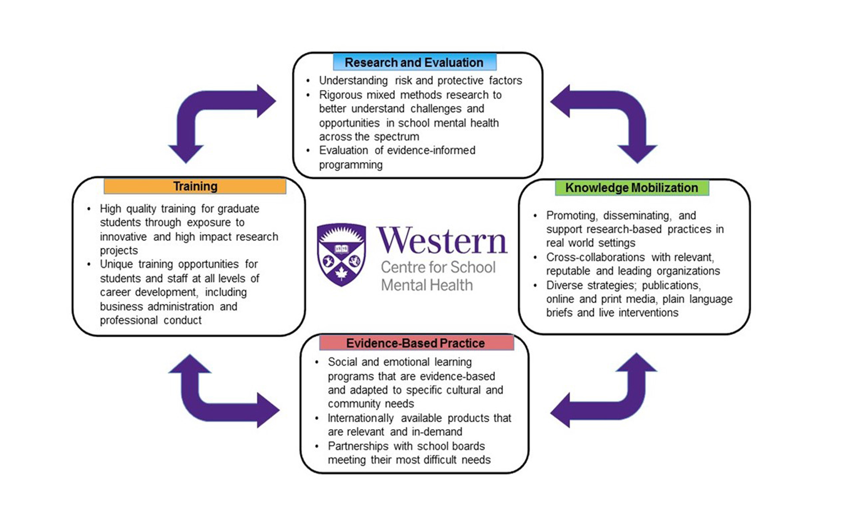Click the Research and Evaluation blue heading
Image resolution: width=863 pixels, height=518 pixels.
(414, 63)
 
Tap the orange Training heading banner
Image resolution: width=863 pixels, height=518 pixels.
(195, 186)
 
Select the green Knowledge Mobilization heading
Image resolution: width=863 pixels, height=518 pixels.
(631, 188)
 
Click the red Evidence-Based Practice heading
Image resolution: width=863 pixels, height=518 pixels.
(416, 343)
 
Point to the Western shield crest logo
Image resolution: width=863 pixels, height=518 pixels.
(341, 255)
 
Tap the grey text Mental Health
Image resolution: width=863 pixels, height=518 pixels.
(427, 285)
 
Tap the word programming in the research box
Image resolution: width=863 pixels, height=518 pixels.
(350, 165)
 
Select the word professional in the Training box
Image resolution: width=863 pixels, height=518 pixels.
(129, 320)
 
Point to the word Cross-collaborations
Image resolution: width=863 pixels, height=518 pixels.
(595, 257)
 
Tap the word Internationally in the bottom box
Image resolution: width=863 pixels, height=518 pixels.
(360, 418)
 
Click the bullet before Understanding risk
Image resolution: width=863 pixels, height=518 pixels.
(308, 81)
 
